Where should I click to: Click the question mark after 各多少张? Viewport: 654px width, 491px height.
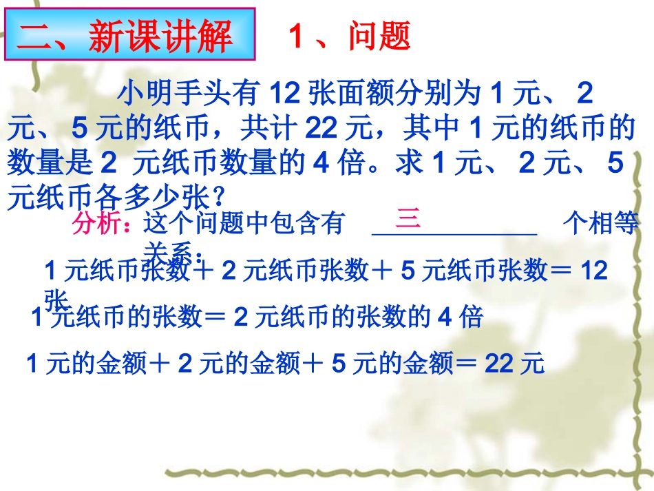tap(218, 198)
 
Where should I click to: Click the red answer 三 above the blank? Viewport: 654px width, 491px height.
tap(408, 219)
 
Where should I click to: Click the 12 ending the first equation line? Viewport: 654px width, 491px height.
tap(594, 271)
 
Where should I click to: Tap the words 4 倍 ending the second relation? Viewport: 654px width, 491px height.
tap(461, 317)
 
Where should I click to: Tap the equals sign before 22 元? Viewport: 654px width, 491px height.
tap(469, 363)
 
